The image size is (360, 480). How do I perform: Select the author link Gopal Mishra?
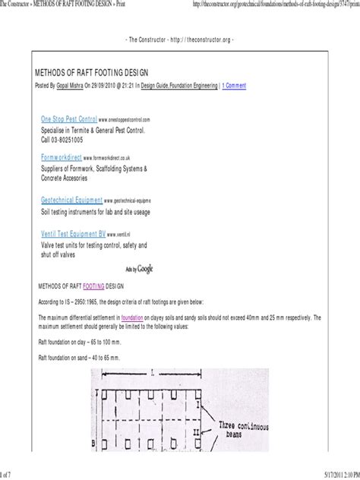pos(78,87)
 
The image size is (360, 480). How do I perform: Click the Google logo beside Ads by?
pos(146,269)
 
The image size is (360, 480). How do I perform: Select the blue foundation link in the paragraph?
pos(132,316)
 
